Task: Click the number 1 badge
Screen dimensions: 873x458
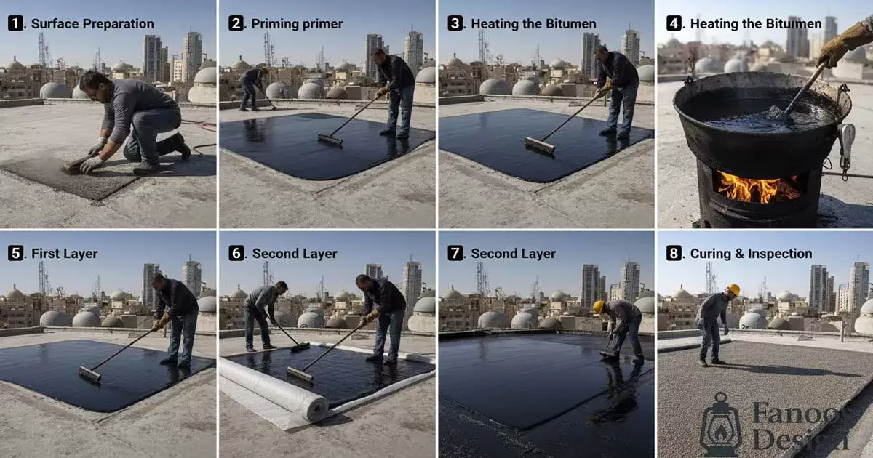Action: pos(15,23)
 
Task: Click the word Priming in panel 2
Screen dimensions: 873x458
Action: pos(275,24)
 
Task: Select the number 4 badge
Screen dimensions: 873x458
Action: pos(674,23)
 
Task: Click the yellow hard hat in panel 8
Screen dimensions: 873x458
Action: pos(734,289)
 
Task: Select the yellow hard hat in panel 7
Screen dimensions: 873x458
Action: pos(599,307)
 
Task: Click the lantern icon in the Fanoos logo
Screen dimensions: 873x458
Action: pos(721,425)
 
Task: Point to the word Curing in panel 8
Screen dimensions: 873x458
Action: pos(711,254)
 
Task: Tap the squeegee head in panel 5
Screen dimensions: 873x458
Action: pos(89,374)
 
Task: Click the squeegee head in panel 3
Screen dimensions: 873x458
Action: pos(540,145)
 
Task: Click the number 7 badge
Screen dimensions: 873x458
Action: pos(455,253)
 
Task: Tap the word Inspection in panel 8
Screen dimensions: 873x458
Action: pos(780,254)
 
